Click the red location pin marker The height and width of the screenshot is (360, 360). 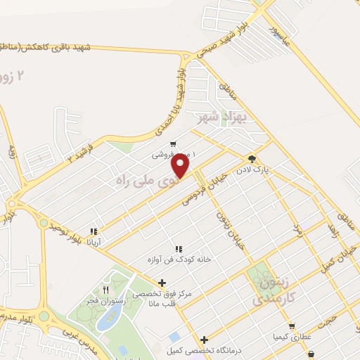(x=181, y=167)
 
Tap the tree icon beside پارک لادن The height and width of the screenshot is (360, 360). (x=251, y=158)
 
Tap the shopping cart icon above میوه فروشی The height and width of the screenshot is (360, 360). (x=163, y=145)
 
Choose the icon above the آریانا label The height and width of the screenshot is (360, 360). (x=94, y=231)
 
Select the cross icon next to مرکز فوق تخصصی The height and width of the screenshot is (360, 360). (x=162, y=283)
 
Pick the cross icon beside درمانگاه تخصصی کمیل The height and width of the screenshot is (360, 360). (x=205, y=340)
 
